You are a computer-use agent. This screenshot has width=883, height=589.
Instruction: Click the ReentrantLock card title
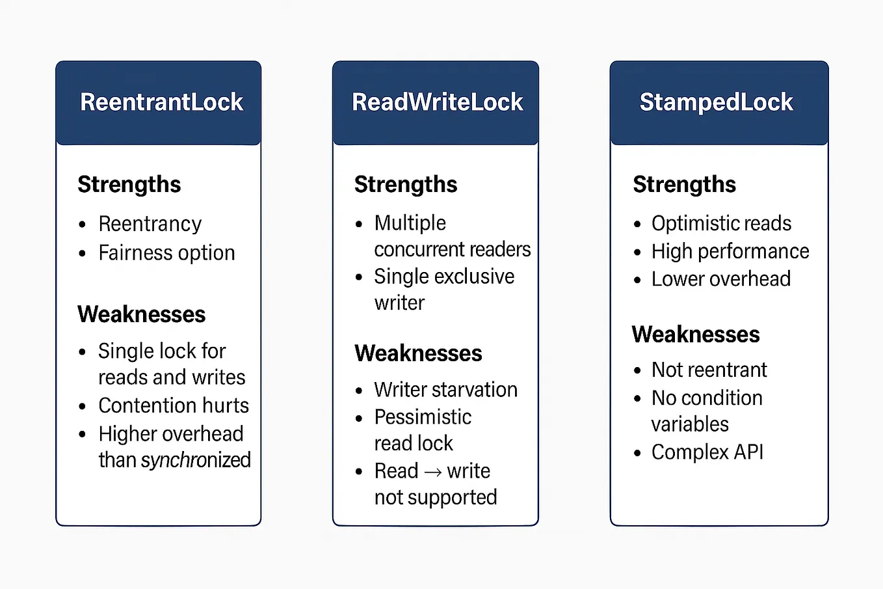[162, 102]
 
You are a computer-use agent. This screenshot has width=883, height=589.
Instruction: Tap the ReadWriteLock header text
[437, 102]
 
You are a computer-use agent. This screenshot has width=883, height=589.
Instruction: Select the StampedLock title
[716, 103]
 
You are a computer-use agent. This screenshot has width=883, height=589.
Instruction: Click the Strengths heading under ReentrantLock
[129, 185]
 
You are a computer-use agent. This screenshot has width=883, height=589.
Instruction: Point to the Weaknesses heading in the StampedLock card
[696, 335]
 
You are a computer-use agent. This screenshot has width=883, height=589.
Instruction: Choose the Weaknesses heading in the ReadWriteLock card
[418, 353]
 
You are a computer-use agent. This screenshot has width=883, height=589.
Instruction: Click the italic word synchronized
[196, 460]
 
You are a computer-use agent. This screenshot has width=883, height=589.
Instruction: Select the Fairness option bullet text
[166, 253]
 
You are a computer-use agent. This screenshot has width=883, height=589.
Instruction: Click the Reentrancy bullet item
[150, 225]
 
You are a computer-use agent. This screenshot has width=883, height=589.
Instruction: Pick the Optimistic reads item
[721, 224]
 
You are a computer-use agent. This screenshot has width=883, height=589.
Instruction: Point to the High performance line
[730, 252]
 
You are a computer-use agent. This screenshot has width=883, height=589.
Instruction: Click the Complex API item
[707, 452]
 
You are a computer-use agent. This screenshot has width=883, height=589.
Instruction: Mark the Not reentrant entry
[709, 370]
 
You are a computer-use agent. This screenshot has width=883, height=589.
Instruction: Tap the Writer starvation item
[446, 390]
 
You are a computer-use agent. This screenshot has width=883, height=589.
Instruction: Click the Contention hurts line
[174, 405]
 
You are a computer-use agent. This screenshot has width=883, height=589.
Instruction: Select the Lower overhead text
[721, 279]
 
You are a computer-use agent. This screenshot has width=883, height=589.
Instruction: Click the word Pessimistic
[423, 417]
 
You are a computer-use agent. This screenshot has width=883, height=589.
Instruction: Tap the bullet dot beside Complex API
[637, 453]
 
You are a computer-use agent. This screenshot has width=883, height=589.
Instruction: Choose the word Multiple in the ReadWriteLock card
[410, 223]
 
